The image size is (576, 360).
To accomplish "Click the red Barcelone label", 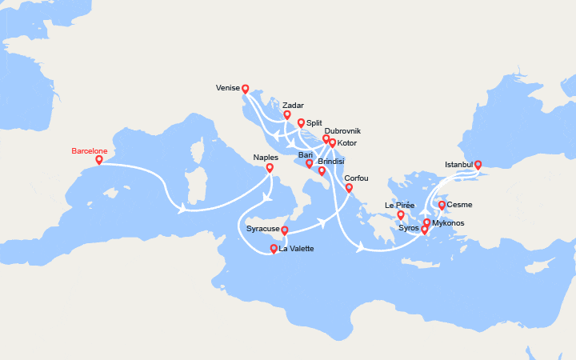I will tap(89, 150).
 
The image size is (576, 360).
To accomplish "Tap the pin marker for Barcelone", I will tap(99, 160).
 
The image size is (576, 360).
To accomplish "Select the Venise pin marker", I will tap(246, 90).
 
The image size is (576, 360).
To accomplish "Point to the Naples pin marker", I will tap(270, 168).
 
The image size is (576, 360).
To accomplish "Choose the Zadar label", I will tap(293, 105).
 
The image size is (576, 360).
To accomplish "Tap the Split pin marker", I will tap(301, 123).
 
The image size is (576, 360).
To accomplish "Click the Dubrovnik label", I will tap(342, 130).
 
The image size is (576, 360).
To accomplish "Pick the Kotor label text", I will tap(347, 143).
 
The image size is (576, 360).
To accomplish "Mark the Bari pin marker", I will tap(309, 163).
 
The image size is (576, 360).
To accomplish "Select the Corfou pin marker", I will tap(349, 189).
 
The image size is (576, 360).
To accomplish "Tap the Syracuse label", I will tap(263, 229).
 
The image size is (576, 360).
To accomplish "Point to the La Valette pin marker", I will tap(274, 249).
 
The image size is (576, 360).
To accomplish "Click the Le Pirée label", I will tap(399, 205).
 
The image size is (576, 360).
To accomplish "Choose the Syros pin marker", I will tap(425, 230).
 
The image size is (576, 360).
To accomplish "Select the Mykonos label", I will tap(447, 223).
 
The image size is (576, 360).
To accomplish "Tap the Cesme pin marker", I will tap(442, 206).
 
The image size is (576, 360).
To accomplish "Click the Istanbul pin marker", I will tap(478, 166).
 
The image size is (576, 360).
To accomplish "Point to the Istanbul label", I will tap(458, 166).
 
